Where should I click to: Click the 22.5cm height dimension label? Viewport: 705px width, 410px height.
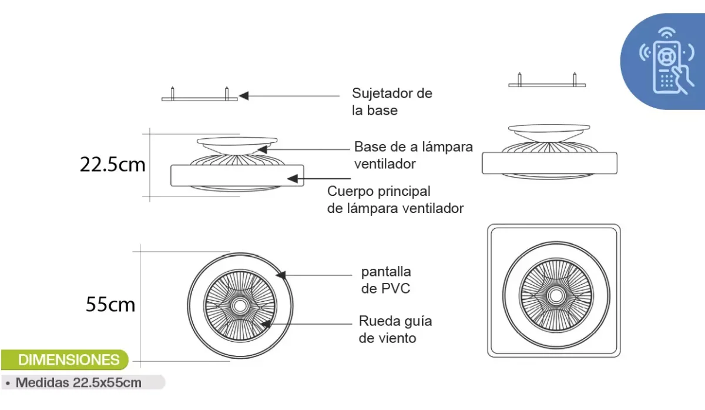tap(112, 164)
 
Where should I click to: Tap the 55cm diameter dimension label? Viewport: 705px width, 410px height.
tap(110, 304)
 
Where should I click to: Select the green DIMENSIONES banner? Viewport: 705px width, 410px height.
tap(69, 359)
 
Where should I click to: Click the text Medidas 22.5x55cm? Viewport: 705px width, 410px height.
tap(78, 382)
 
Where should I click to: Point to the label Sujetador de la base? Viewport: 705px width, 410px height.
tap(392, 101)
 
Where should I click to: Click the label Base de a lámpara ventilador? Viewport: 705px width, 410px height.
tap(413, 155)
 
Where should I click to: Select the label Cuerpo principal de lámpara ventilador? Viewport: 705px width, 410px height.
tap(395, 199)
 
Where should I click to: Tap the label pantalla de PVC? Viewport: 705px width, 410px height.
tap(385, 280)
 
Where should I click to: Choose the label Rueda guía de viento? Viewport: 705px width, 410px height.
tap(395, 329)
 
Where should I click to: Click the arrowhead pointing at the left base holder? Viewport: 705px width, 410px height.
tap(243, 95)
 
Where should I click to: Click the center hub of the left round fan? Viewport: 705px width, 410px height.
tap(240, 306)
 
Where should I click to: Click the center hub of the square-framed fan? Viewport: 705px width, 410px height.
tap(553, 291)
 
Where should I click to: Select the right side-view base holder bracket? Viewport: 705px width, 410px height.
tap(548, 84)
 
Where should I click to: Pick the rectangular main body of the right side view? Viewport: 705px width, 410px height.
tap(549, 164)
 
